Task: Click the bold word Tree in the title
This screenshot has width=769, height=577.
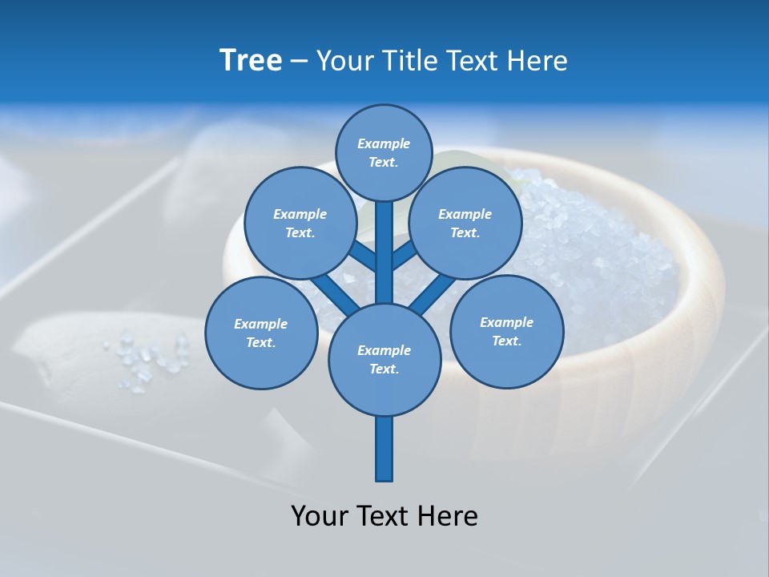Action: click(x=251, y=60)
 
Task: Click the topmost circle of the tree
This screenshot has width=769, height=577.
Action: click(x=384, y=152)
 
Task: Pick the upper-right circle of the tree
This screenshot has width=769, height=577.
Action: click(x=465, y=223)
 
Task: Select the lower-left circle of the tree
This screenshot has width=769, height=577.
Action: click(x=260, y=333)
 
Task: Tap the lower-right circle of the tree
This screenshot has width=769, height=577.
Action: click(x=506, y=331)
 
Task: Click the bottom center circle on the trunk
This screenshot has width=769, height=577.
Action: click(x=384, y=359)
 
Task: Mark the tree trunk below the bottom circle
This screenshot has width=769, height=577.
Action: click(x=384, y=449)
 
